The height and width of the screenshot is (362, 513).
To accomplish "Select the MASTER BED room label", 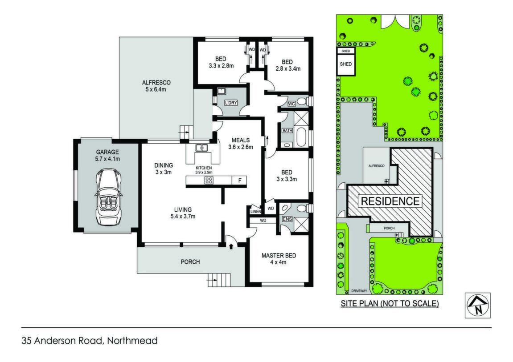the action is pyautogui.click(x=279, y=256).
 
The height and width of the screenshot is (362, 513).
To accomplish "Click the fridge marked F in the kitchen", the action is pyautogui.click(x=240, y=180).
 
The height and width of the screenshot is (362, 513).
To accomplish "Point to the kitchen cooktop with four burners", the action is pyautogui.click(x=209, y=180).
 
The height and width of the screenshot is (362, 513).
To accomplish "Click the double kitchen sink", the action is pyautogui.click(x=201, y=148).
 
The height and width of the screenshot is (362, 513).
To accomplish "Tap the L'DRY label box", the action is pyautogui.click(x=231, y=103).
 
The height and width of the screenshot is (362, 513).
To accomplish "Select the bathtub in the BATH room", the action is pyautogui.click(x=301, y=137).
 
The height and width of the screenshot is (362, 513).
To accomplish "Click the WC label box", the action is pyautogui.click(x=291, y=104).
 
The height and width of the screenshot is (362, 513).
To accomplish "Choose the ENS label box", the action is pyautogui.click(x=287, y=219).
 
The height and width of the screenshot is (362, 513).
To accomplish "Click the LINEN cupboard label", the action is pyautogui.click(x=256, y=212).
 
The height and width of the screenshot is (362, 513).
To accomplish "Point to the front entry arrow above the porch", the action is pyautogui.click(x=231, y=246).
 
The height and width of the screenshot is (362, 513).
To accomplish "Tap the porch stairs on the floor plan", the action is pyautogui.click(x=219, y=280).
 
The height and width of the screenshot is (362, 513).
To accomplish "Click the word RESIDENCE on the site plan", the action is pyautogui.click(x=390, y=201).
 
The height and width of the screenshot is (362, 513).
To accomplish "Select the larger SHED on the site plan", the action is pyautogui.click(x=346, y=64).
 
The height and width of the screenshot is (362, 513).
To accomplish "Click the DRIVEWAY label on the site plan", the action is pyautogui.click(x=359, y=290).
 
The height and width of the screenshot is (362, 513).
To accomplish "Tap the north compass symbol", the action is pyautogui.click(x=478, y=306).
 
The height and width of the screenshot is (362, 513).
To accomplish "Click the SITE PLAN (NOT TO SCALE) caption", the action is pyautogui.click(x=390, y=304).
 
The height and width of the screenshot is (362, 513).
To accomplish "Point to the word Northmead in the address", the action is pyautogui.click(x=132, y=341).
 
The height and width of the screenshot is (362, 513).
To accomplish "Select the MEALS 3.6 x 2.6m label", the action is pyautogui.click(x=241, y=144).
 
